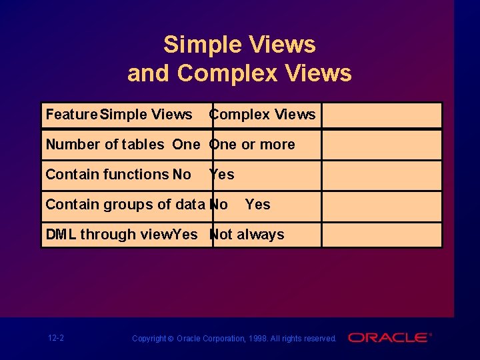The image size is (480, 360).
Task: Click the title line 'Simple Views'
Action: [239, 45]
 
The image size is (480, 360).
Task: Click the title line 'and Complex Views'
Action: [239, 73]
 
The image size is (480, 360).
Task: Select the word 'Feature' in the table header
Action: [71, 115]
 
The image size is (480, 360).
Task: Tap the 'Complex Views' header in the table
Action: [263, 115]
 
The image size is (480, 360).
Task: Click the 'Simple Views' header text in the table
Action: [146, 115]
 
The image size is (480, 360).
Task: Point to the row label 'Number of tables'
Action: [105, 145]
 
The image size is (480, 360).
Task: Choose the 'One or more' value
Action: [252, 145]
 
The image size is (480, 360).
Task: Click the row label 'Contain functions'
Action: [107, 175]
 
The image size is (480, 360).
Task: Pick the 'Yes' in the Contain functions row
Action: [222, 175]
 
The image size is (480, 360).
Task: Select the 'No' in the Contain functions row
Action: [181, 175]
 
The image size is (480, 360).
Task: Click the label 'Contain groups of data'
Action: [125, 205]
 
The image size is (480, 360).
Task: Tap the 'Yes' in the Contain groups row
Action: [257, 205]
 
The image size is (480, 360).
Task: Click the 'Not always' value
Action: [247, 235]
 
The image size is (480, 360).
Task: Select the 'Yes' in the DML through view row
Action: [185, 235]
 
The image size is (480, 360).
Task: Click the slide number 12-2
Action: [56, 338]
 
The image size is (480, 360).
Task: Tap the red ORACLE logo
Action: [389, 338]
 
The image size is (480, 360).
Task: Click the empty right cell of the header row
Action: [381, 115]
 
